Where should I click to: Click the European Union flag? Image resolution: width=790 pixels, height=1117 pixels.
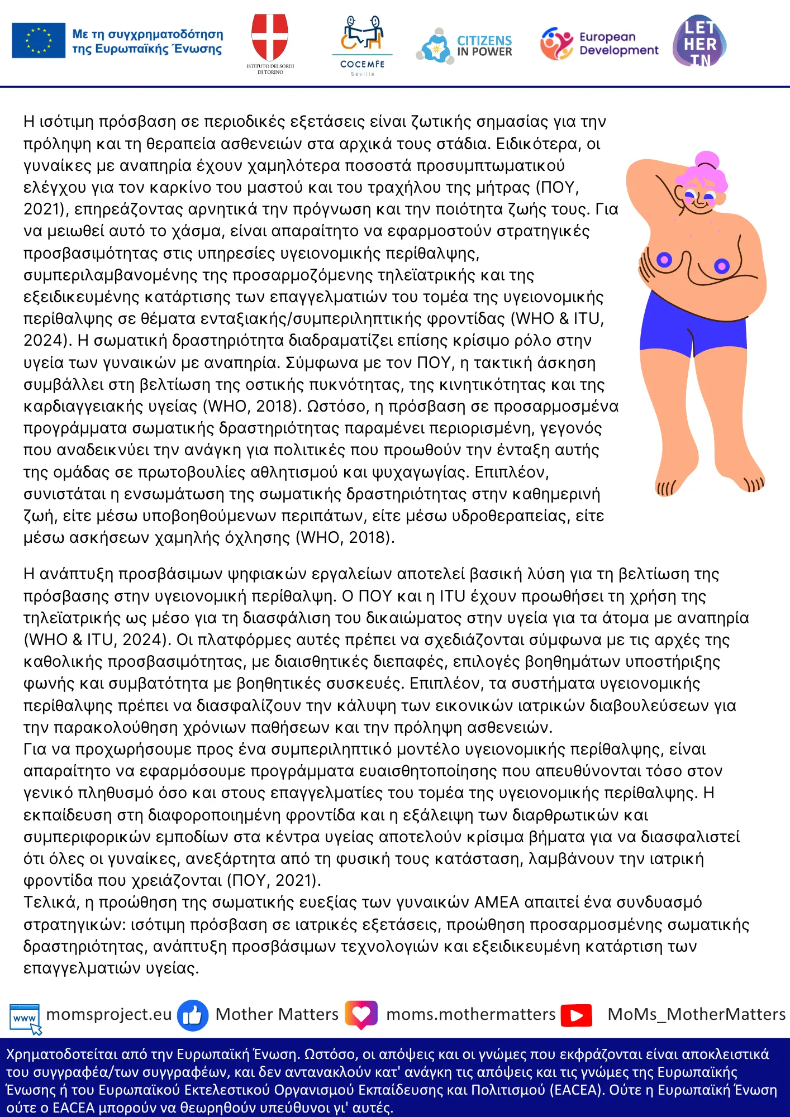click(x=39, y=41)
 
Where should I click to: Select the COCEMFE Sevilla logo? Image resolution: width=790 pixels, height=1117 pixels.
click(x=363, y=45)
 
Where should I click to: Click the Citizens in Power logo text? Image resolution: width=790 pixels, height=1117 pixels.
click(x=484, y=46)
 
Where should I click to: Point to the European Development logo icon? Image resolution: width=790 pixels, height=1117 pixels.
click(x=556, y=44)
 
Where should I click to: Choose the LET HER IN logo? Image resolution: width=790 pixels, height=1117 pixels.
click(x=699, y=41)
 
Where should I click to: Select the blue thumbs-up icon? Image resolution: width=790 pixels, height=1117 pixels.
click(x=193, y=1015)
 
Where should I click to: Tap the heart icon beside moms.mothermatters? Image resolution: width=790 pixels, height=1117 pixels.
click(x=361, y=1014)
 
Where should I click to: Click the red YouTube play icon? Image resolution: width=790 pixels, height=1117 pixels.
click(x=577, y=1015)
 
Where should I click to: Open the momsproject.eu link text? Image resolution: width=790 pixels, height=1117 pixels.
click(x=109, y=1014)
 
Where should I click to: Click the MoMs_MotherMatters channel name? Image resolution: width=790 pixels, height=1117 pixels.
click(x=696, y=1014)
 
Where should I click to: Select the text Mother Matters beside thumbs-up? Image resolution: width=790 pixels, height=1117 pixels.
click(x=277, y=1014)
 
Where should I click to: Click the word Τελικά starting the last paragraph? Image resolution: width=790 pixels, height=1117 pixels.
click(x=50, y=903)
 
